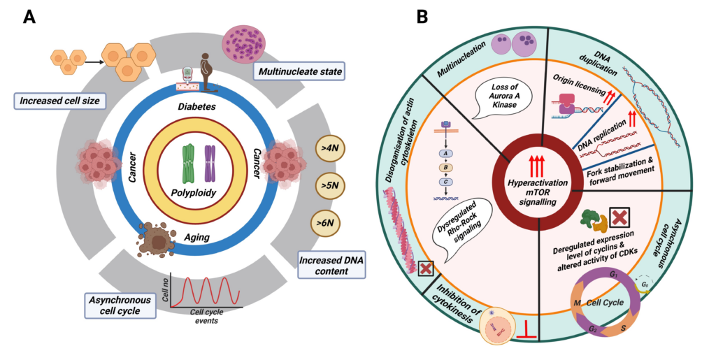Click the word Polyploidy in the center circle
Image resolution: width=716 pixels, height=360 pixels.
pos(193,192)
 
